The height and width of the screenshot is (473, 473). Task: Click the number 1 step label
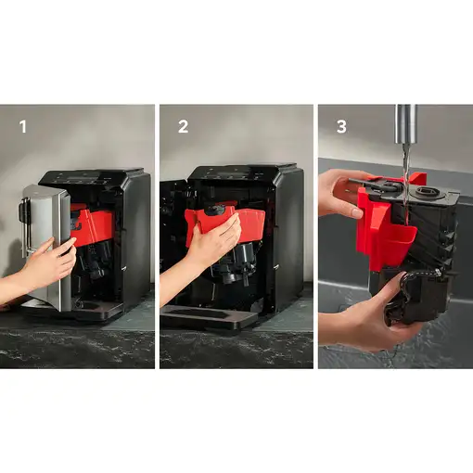coord(22,126)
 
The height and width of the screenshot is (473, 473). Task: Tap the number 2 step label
coord(183,126)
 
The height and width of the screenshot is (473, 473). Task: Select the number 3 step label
coord(341,126)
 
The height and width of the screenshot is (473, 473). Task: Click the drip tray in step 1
coord(93,309)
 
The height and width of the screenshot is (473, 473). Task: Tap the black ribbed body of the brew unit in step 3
coord(427,236)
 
